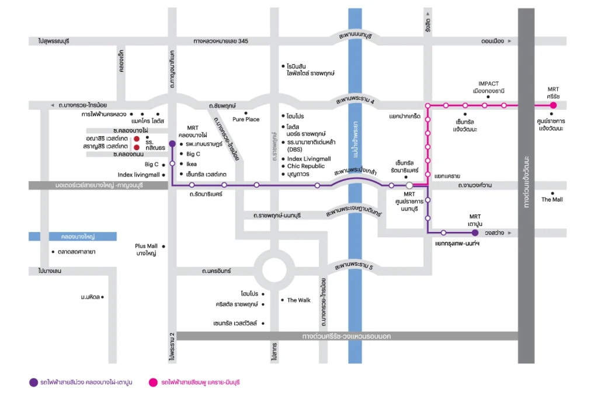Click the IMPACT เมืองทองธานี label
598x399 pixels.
[489, 88]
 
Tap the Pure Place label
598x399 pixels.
[246, 119]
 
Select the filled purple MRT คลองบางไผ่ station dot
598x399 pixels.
[172, 144]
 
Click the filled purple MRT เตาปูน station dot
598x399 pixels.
[475, 233]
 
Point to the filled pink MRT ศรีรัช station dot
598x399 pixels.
[554, 105]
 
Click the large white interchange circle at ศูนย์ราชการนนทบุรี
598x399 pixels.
[409, 185]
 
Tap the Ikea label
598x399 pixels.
[192, 164]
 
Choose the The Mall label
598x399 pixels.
[552, 200]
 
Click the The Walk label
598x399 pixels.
[298, 300]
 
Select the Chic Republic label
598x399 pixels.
[306, 166]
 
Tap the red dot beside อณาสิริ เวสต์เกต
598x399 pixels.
[137, 139]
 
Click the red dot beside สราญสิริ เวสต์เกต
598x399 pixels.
[137, 147]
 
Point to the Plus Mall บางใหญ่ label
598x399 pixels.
[147, 249]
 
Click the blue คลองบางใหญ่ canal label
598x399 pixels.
[78, 237]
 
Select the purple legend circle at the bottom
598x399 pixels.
[33, 382]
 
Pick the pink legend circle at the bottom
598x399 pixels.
[154, 382]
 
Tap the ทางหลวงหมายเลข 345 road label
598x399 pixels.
[220, 41]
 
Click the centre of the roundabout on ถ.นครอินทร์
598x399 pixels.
[274, 270]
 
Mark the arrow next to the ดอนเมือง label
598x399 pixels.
[509, 41]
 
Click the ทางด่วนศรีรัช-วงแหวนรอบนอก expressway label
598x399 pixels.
[346, 336]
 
